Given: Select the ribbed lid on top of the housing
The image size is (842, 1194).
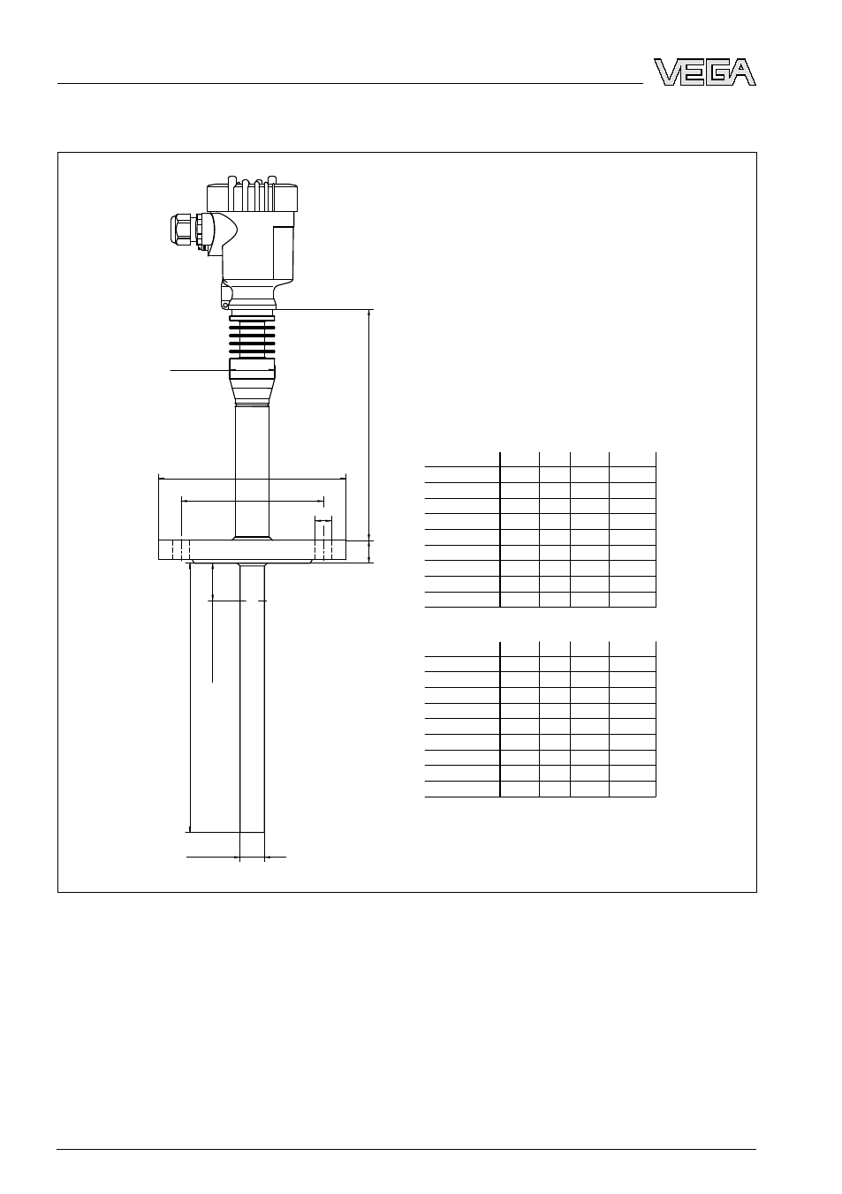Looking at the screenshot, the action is coord(252,194).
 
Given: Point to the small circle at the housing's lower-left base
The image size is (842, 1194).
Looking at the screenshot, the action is coord(225,306).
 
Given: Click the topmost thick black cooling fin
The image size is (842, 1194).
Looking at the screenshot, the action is coord(252,318).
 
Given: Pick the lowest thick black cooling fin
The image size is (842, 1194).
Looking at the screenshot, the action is coord(252,351).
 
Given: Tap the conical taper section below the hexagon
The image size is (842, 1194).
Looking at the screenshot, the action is coord(252,392).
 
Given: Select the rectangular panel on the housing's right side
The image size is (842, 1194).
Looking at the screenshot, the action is coord(283,253).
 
